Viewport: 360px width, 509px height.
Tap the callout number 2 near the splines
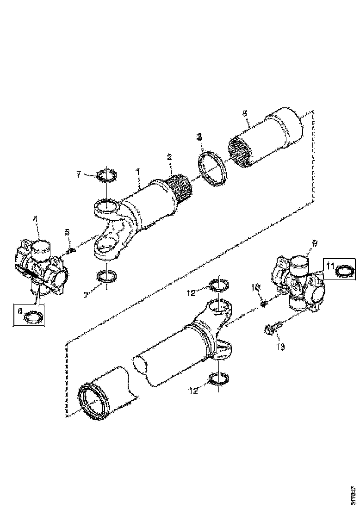click(x=169, y=157)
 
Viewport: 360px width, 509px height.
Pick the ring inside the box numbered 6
click(x=32, y=317)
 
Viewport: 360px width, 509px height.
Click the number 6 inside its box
click(x=19, y=312)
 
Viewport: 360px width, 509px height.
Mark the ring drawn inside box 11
click(x=344, y=271)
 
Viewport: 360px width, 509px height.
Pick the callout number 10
click(x=253, y=288)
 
